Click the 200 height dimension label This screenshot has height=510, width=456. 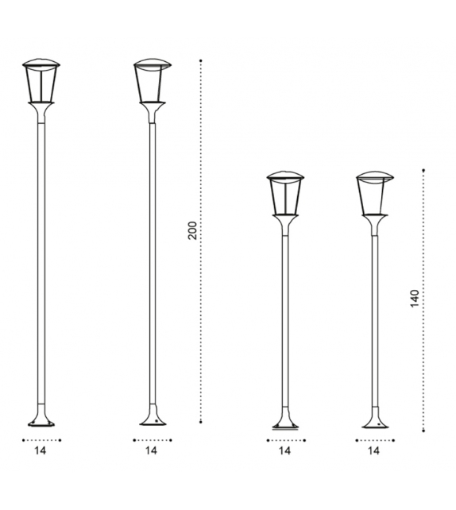191,231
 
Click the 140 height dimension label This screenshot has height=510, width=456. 414,299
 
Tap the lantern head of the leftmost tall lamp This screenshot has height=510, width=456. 41,81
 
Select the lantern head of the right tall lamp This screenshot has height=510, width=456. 151,81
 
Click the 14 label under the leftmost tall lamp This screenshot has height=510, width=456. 41,451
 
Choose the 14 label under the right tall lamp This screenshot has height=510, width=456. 152,451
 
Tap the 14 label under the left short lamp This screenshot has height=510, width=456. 284,451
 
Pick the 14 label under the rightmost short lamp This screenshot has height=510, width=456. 374,451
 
